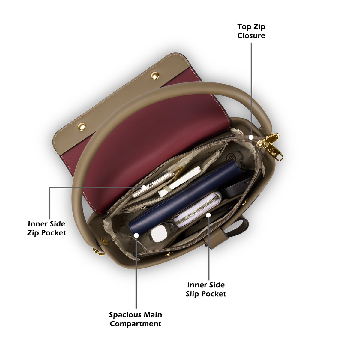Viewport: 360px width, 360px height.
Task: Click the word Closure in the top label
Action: [x=251, y=35]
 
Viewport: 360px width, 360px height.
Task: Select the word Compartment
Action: [x=136, y=324]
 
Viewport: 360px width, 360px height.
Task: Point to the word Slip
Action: [x=192, y=294]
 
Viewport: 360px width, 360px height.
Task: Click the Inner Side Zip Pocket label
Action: [x=46, y=228]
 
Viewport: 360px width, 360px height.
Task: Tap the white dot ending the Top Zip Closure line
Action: [x=251, y=137]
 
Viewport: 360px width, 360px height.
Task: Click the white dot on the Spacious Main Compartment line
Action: [x=136, y=235]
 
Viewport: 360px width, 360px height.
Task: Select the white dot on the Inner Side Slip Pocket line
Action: [x=209, y=215]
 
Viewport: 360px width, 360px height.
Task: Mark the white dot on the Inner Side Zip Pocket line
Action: [x=144, y=187]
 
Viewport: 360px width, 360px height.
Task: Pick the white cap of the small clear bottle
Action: [x=159, y=233]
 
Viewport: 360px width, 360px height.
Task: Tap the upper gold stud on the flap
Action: [x=155, y=76]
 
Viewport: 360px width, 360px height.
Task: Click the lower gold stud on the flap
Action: [x=82, y=127]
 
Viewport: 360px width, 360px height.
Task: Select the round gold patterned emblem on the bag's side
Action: [x=104, y=242]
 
